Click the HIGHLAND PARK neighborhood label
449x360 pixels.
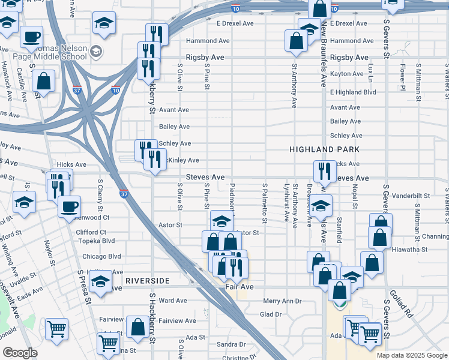(324, 149)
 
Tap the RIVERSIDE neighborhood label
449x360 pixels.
(148, 281)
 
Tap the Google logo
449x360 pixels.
(20, 352)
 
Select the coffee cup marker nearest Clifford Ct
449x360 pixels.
(69, 206)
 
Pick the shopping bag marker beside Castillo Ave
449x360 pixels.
(44, 80)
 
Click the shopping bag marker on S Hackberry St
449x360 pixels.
(138, 327)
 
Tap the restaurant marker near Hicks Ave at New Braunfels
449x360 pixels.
(324, 171)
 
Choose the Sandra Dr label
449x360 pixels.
(231, 344)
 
